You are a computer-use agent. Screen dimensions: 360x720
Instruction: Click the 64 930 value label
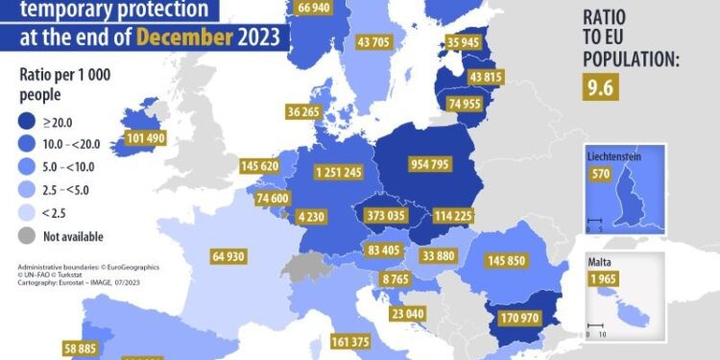click(x=229, y=256)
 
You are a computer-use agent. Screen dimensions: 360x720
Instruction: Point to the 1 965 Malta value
click(x=604, y=279)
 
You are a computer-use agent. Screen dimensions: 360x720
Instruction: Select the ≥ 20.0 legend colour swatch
click(x=31, y=121)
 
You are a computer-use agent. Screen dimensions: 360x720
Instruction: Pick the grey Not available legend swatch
click(x=31, y=236)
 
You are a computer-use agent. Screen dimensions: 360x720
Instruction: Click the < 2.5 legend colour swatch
click(x=31, y=213)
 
